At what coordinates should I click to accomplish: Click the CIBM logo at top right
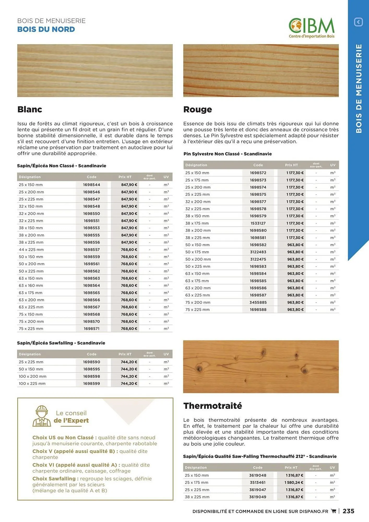(311, 28)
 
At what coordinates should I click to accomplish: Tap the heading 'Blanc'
(30, 109)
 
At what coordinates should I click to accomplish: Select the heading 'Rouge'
(198, 109)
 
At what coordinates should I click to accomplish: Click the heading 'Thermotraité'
(212, 406)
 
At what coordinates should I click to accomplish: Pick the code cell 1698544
(92, 185)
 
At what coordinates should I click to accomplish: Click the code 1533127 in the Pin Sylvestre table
(258, 223)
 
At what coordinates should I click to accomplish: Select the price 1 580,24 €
(294, 483)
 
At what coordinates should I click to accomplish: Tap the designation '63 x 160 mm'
(31, 286)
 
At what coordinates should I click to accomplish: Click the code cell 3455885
(258, 302)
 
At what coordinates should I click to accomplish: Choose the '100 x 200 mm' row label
(33, 376)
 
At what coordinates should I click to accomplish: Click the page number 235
(348, 511)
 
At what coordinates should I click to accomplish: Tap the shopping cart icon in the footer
(334, 511)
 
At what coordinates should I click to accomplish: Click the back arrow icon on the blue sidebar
(358, 22)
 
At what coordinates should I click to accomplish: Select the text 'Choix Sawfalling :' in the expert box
(55, 479)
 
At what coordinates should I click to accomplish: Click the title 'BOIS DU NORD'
(46, 29)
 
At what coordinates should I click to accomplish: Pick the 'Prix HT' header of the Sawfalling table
(125, 354)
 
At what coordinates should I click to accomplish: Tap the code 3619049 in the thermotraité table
(258, 497)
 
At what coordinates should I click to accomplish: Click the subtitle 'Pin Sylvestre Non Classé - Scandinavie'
(228, 154)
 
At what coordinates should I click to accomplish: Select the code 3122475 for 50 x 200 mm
(258, 259)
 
